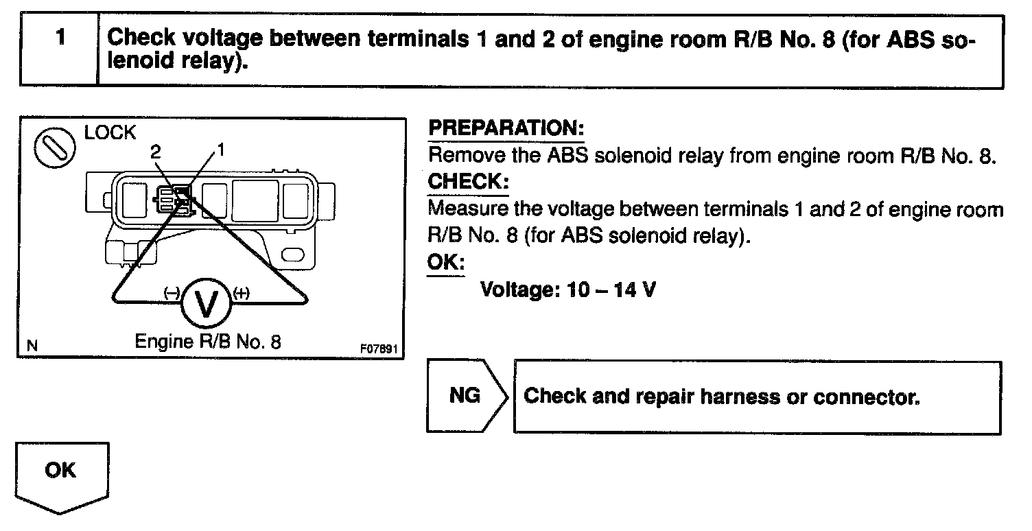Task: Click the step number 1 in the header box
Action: [x=60, y=38]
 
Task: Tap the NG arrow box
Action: [x=465, y=396]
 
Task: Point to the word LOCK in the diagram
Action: [x=110, y=133]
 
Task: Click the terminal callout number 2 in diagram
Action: [x=155, y=152]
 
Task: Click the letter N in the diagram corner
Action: [x=32, y=346]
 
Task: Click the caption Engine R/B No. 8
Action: [x=207, y=341]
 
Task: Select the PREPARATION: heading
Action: [x=506, y=129]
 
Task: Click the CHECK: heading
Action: [x=469, y=182]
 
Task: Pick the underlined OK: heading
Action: [x=446, y=263]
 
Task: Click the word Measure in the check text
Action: [x=468, y=209]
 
